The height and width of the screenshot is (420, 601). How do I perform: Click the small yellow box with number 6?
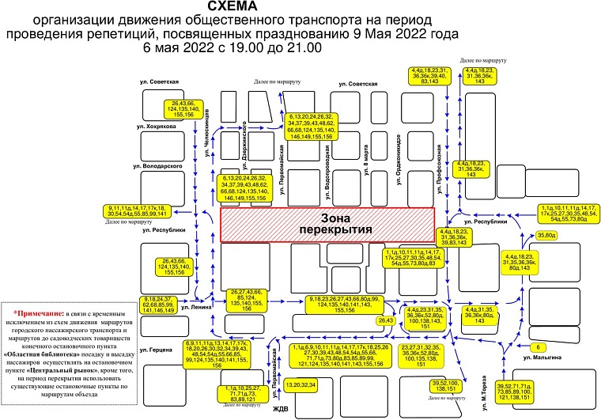coord(538,346)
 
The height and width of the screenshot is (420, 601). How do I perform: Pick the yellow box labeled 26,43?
coord(386,320)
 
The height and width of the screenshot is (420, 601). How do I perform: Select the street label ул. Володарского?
coord(159,168)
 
